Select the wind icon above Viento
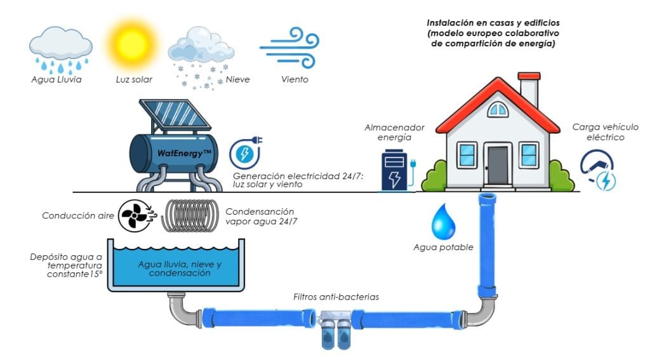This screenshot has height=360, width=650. click(288, 48)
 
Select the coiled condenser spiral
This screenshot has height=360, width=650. click(189, 216)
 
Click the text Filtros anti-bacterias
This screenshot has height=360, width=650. click(335, 297)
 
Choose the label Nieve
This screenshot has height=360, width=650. click(237, 79)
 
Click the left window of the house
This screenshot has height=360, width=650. click(467, 155)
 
